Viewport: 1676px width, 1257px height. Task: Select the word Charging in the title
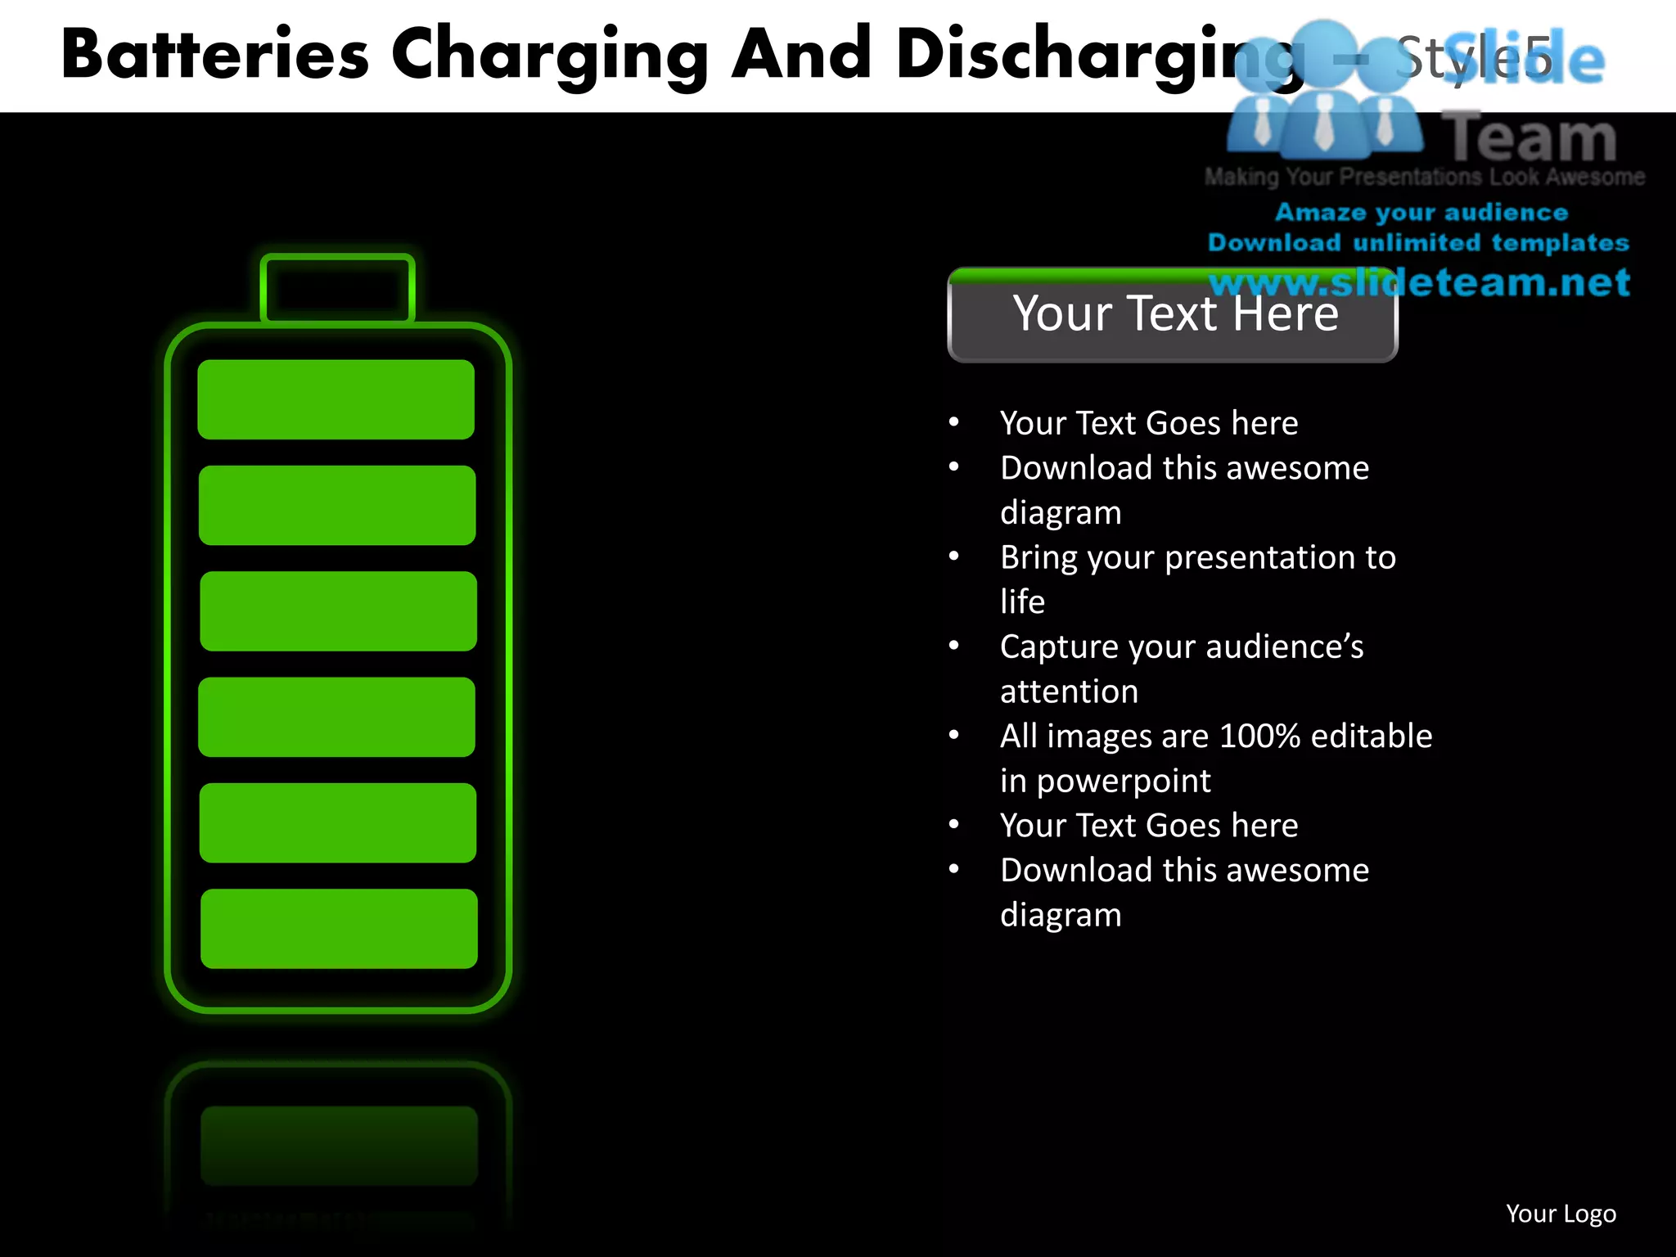point(549,56)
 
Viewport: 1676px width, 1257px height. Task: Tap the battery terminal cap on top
point(337,289)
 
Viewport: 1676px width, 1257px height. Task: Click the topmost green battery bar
point(336,399)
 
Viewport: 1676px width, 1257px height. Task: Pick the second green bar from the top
point(337,505)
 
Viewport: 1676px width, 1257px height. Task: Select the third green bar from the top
point(338,610)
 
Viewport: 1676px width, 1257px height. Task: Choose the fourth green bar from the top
point(336,717)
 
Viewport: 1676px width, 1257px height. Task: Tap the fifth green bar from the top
point(338,822)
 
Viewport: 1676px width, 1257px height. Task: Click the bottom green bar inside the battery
point(339,928)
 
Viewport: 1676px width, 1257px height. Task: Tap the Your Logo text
point(1561,1214)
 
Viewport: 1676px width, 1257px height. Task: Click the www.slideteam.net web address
point(1419,282)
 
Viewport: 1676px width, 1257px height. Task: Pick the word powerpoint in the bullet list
point(1124,781)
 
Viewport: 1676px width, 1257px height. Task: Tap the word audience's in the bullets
point(1285,647)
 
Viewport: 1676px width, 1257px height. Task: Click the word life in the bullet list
point(1022,601)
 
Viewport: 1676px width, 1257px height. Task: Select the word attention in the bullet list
point(1069,692)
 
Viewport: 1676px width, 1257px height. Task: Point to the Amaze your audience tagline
point(1421,213)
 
